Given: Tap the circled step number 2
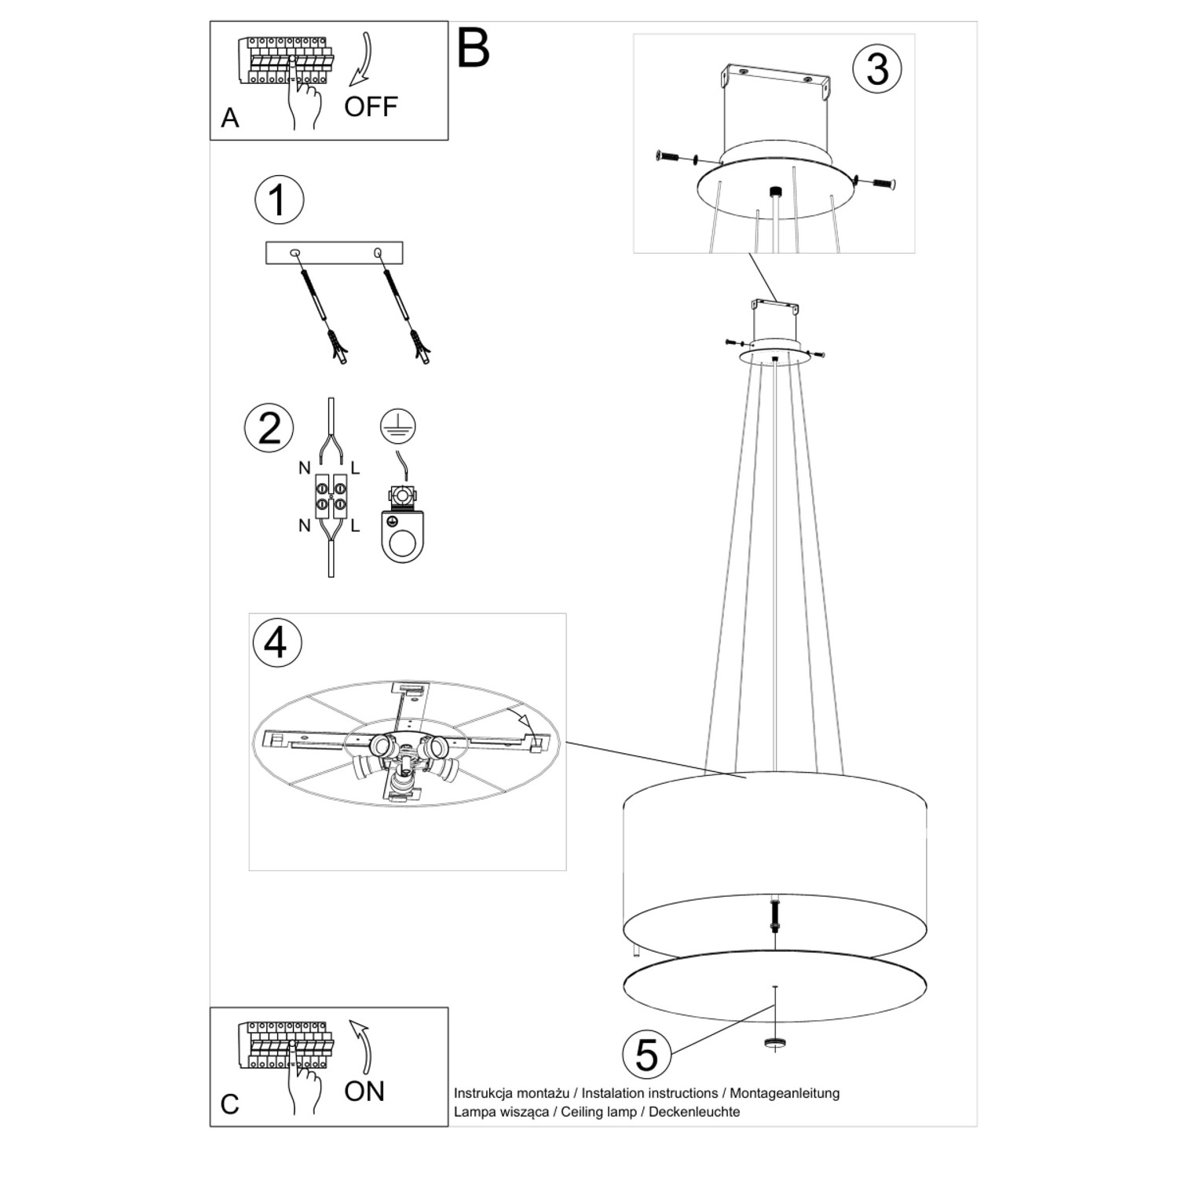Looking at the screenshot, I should click(x=269, y=428).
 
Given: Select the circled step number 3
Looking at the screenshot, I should click(x=877, y=68).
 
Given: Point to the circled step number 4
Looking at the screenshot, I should click(x=276, y=642).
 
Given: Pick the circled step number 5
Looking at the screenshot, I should click(x=646, y=1054).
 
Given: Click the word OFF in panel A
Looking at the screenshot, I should click(x=371, y=107).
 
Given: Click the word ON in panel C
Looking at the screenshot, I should click(x=364, y=1091).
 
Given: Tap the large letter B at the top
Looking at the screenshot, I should click(x=473, y=49).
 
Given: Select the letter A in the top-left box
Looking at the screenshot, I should click(x=229, y=118).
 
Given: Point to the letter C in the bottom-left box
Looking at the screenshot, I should click(x=229, y=1104).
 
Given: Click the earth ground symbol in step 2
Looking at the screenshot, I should click(x=398, y=426).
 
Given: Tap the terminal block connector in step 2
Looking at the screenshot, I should click(x=331, y=496).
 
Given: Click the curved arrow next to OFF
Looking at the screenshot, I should click(x=363, y=60).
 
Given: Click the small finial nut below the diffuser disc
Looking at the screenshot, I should click(x=775, y=1043).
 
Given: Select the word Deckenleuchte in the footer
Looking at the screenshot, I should click(x=694, y=1111).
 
